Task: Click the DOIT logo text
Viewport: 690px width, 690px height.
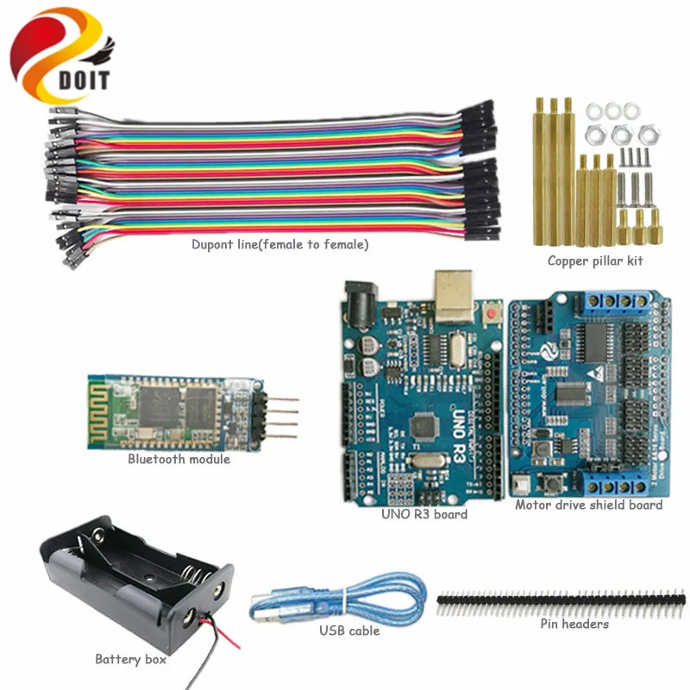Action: click(x=85, y=80)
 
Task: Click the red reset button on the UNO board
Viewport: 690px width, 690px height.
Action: click(x=493, y=309)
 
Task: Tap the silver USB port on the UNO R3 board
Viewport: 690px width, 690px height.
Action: click(x=454, y=293)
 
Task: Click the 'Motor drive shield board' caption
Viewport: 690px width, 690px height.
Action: click(x=588, y=505)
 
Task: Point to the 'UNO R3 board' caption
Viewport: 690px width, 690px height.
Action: click(x=424, y=514)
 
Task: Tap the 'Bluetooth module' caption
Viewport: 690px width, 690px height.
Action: click(x=179, y=460)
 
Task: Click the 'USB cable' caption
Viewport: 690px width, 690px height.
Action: click(x=349, y=630)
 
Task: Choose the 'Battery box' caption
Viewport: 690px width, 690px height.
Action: click(x=130, y=660)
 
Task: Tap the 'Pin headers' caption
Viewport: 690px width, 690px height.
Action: click(x=574, y=624)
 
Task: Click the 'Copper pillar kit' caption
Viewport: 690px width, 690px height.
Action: click(x=594, y=260)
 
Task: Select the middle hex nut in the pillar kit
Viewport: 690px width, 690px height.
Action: click(x=620, y=134)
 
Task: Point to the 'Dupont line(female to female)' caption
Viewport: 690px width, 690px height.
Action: click(x=280, y=245)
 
